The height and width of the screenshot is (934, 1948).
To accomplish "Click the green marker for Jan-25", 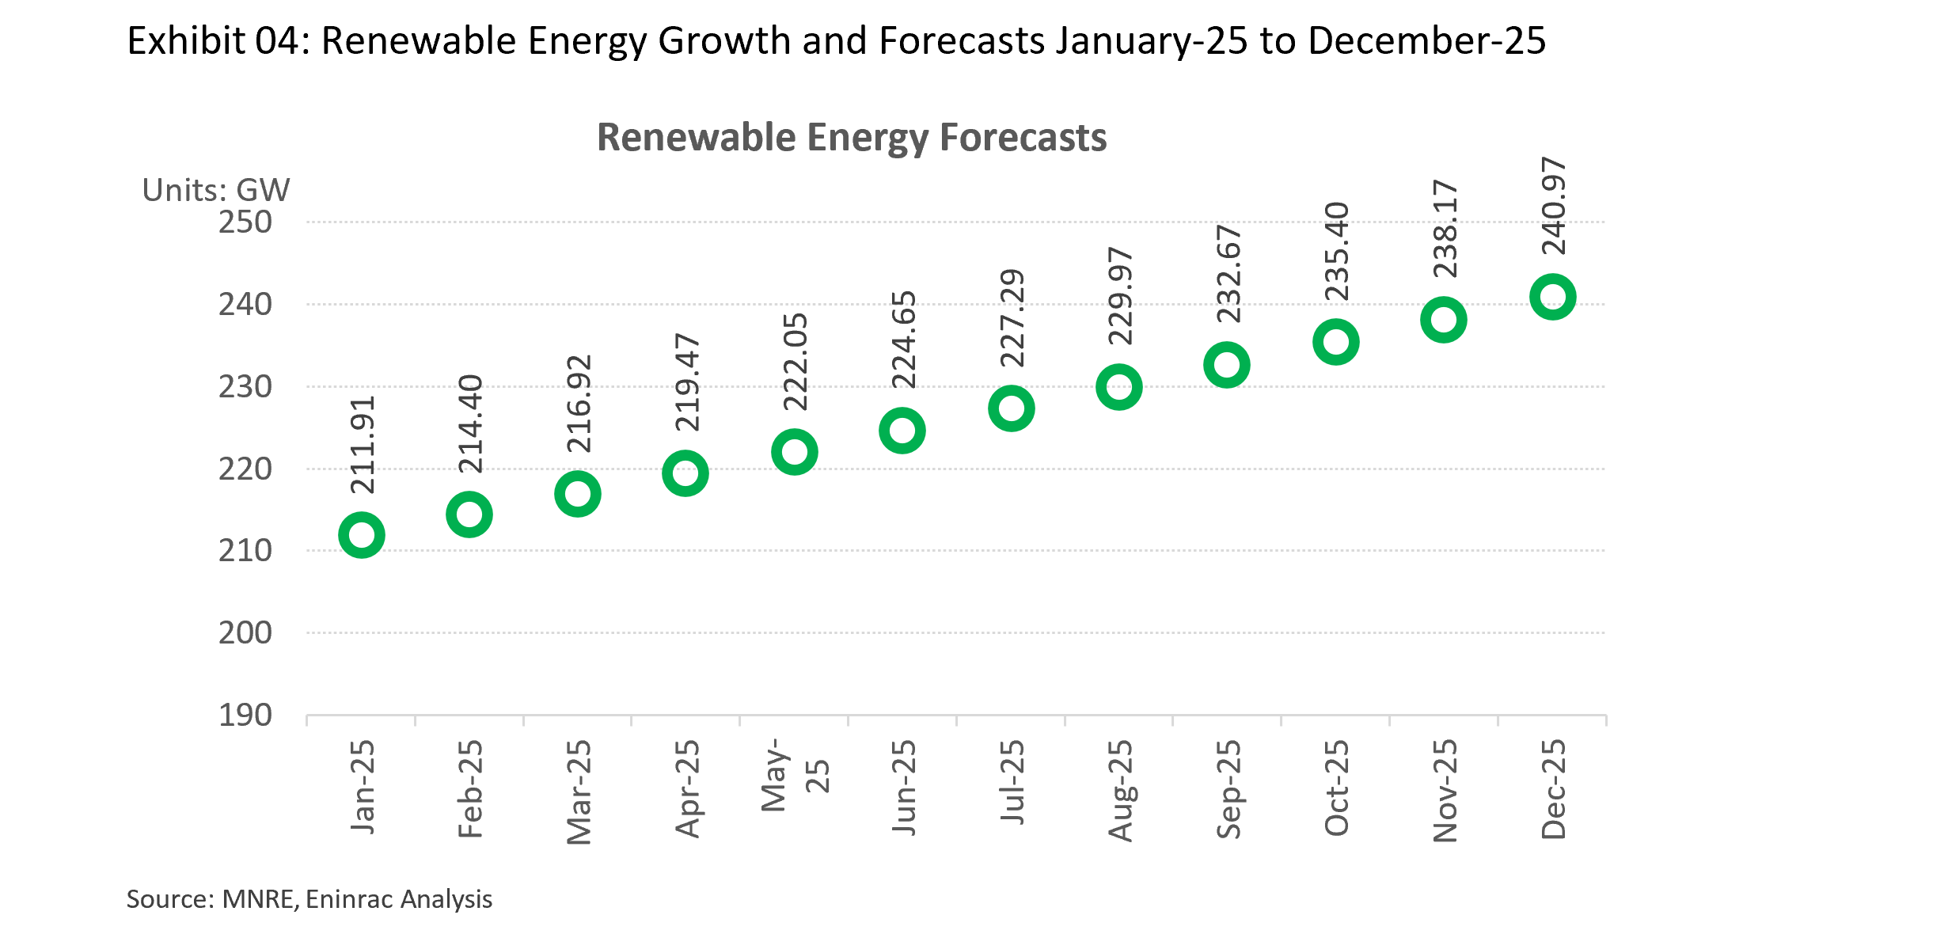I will pyautogui.click(x=362, y=535).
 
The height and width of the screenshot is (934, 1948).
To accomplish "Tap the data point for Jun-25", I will pyautogui.click(x=902, y=431).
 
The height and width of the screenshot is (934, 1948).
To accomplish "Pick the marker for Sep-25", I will pyautogui.click(x=1227, y=365).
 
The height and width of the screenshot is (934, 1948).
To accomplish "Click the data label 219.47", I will pyautogui.click(x=687, y=382).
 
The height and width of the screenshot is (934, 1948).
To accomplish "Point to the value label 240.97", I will pyautogui.click(x=1554, y=206).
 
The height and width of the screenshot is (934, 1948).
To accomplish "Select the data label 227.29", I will pyautogui.click(x=1012, y=318).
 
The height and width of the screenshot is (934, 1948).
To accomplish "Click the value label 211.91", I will pyautogui.click(x=363, y=445).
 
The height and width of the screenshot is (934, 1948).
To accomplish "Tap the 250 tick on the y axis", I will pyautogui.click(x=245, y=222).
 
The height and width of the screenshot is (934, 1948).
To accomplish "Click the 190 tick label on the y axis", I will pyautogui.click(x=245, y=715).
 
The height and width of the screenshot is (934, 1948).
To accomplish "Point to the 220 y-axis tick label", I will pyautogui.click(x=245, y=469).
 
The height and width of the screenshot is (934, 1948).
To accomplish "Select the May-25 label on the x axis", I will pyautogui.click(x=795, y=776).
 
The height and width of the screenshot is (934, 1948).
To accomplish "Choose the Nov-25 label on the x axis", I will pyautogui.click(x=1445, y=790).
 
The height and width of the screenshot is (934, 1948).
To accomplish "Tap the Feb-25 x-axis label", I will pyautogui.click(x=470, y=788).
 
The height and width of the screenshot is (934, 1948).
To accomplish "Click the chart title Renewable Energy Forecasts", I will pyautogui.click(x=852, y=138).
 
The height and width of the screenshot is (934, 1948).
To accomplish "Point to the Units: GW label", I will pyautogui.click(x=216, y=190).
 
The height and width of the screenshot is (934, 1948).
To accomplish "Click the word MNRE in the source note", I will pyautogui.click(x=258, y=899).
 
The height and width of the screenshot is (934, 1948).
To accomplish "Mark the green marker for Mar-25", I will pyautogui.click(x=578, y=494).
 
